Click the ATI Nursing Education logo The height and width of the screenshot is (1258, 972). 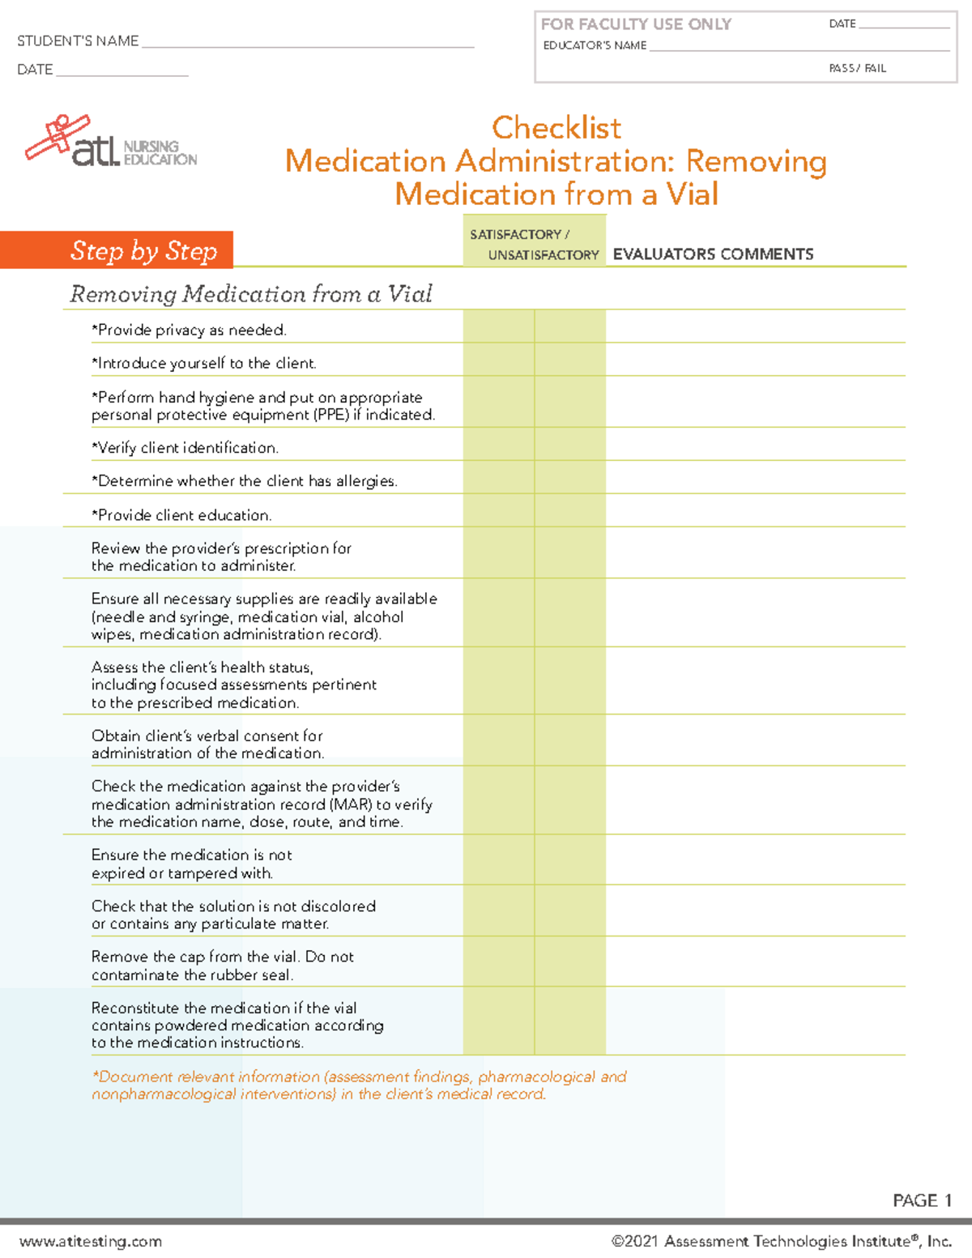111,142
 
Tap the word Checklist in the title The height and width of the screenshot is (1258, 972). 556,128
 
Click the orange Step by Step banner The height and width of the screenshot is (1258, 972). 143,250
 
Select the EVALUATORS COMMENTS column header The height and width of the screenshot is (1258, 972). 713,254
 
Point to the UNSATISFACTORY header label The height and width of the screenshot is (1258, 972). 544,255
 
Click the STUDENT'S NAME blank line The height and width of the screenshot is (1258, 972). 308,42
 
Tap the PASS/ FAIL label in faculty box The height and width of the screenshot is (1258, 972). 857,69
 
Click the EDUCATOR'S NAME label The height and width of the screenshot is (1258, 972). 595,46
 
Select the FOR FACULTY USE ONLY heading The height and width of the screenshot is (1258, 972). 636,24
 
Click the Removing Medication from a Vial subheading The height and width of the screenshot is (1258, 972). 251,294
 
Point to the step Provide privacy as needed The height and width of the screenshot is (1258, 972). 189,330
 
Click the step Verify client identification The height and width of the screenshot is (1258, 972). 185,448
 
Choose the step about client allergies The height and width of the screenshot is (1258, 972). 244,481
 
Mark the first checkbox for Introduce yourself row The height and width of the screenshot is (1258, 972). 498,359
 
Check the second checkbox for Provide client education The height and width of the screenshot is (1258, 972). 570,510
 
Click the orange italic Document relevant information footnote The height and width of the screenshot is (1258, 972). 359,1085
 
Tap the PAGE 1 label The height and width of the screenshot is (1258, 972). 921,1200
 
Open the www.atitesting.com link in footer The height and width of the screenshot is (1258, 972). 91,1242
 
